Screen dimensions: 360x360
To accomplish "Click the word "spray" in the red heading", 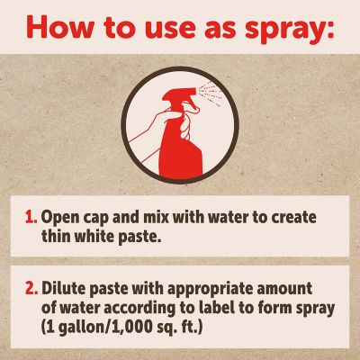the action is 290,29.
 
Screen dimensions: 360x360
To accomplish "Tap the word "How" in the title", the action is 59,27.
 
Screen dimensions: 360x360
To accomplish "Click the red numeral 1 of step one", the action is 31,217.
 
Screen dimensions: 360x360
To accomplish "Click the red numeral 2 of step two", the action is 31,288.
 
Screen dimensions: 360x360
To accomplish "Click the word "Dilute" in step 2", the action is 64,288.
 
